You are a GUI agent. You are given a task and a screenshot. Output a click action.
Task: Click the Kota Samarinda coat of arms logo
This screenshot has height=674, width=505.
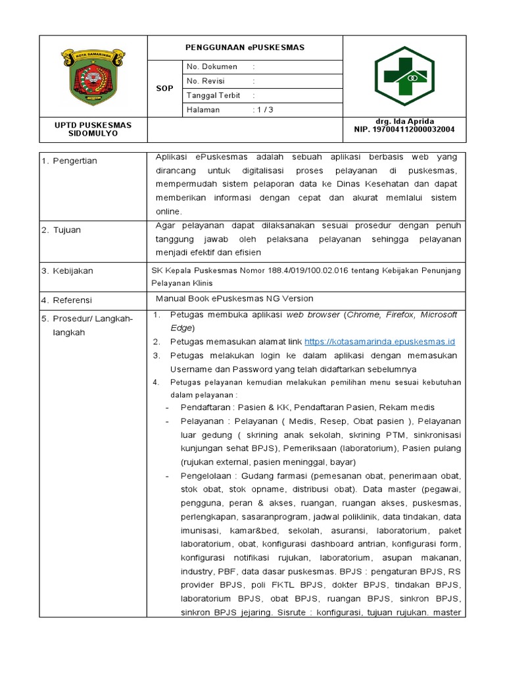tap(93, 76)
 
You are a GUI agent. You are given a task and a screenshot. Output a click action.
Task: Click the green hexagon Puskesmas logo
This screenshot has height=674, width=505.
tap(404, 76)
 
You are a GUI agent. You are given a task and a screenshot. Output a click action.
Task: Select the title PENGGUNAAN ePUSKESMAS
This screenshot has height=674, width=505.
tap(245, 48)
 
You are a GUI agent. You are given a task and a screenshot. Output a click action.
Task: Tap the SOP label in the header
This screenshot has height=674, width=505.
tap(164, 88)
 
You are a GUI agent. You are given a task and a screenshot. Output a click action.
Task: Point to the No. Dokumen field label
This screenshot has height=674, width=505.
tap(211, 67)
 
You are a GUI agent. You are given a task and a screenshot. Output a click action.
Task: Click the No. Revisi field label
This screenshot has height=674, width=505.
tap(206, 81)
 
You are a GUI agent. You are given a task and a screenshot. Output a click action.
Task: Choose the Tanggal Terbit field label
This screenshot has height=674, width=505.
tap(213, 95)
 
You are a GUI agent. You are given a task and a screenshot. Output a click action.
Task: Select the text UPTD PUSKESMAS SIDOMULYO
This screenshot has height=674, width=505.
tap(93, 129)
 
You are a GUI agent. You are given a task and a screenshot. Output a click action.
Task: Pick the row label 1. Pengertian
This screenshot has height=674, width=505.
tap(69, 161)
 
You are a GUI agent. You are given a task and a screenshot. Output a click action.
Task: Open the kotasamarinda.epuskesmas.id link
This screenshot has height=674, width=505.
tap(380, 342)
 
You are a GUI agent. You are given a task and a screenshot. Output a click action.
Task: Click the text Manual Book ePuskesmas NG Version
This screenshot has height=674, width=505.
tap(234, 298)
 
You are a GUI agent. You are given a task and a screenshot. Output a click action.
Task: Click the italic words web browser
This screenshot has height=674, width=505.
tap(312, 315)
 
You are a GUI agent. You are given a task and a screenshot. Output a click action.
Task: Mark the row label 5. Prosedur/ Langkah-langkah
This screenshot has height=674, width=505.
tap(87, 325)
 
